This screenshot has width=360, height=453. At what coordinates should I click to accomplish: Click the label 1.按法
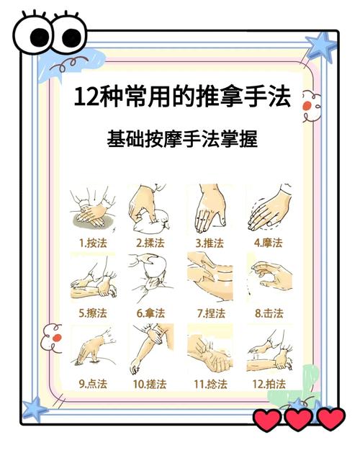click(93, 243)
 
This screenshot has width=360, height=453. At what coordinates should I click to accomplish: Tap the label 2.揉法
click(150, 243)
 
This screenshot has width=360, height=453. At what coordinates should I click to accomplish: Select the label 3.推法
click(210, 243)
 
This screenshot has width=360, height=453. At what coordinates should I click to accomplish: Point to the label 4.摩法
click(268, 243)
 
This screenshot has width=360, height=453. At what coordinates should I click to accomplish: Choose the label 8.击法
click(269, 313)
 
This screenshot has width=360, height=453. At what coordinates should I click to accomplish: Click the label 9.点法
click(93, 384)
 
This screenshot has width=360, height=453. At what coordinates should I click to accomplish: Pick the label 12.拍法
click(269, 384)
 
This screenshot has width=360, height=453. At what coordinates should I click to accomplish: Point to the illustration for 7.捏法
click(210, 277)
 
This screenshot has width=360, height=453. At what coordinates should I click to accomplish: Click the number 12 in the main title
click(85, 97)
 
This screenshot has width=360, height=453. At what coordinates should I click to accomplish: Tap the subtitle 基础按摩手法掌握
click(182, 139)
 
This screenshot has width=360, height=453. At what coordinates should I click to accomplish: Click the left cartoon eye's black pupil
click(40, 37)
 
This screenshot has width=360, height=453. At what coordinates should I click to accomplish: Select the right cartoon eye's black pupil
click(71, 38)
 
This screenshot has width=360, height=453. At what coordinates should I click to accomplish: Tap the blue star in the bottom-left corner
click(35, 408)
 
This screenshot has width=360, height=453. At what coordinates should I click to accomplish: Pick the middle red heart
click(299, 419)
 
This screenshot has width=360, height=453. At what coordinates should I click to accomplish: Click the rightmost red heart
click(331, 419)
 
